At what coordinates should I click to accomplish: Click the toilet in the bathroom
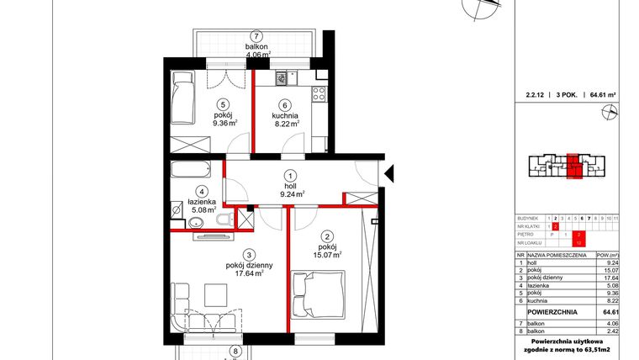221,220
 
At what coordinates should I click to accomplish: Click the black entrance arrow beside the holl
388,174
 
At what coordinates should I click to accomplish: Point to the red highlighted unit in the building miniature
573,164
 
